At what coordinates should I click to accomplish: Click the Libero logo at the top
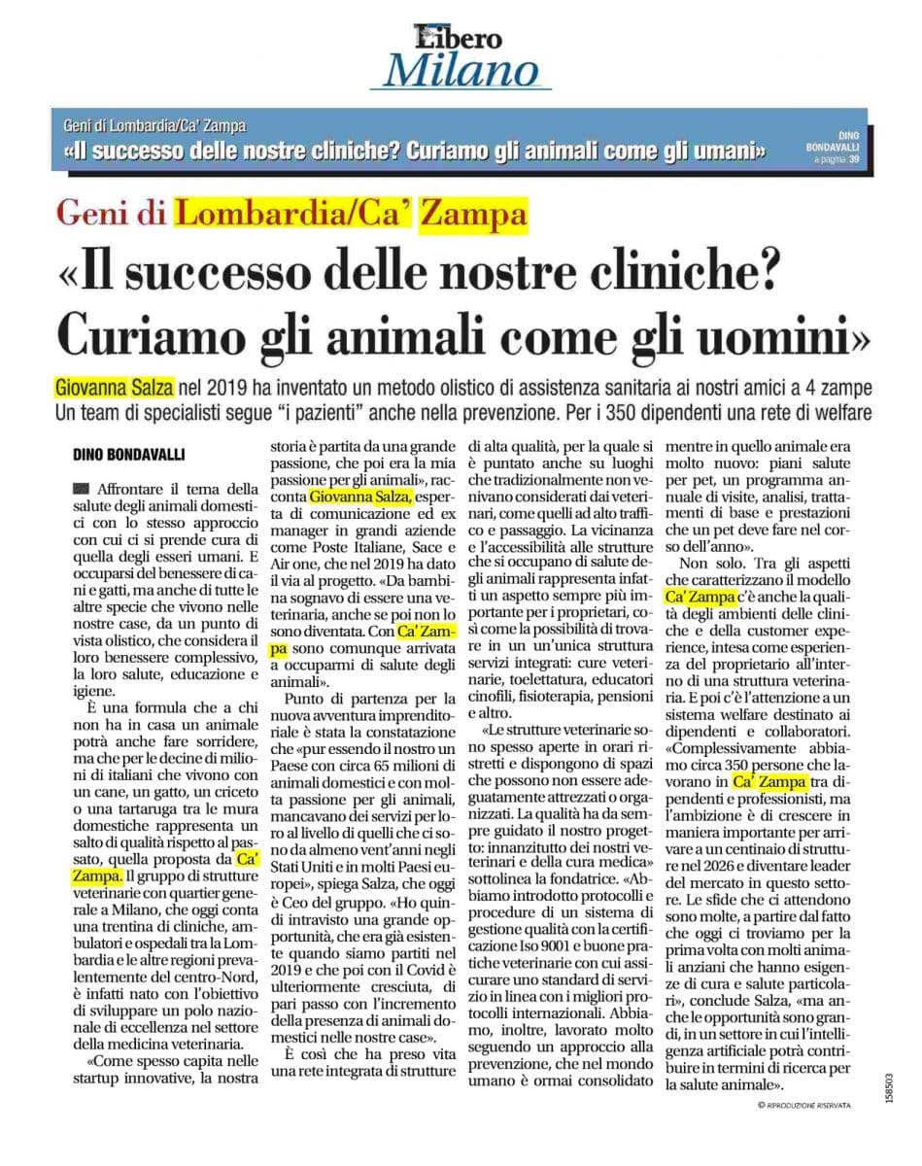[x=460, y=36]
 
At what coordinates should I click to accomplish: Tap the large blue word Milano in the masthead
[x=461, y=71]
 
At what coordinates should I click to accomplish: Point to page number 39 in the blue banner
[x=853, y=158]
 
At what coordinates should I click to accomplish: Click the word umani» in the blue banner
[x=720, y=152]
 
